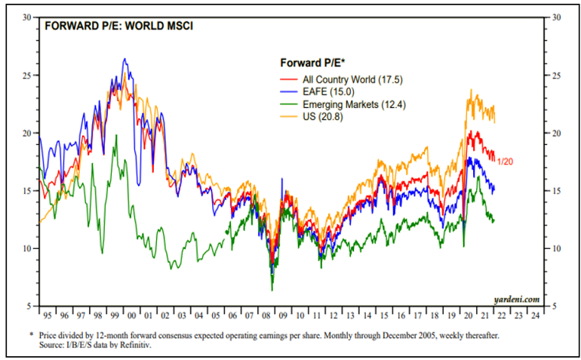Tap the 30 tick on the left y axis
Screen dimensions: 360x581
(26, 17)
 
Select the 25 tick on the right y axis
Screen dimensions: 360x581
(558, 75)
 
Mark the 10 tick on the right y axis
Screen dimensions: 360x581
(558, 248)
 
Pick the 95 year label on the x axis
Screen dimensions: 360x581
(48, 315)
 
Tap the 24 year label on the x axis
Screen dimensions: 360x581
(535, 315)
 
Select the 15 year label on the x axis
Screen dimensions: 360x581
(384, 315)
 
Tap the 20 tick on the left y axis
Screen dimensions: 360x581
(26, 133)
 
